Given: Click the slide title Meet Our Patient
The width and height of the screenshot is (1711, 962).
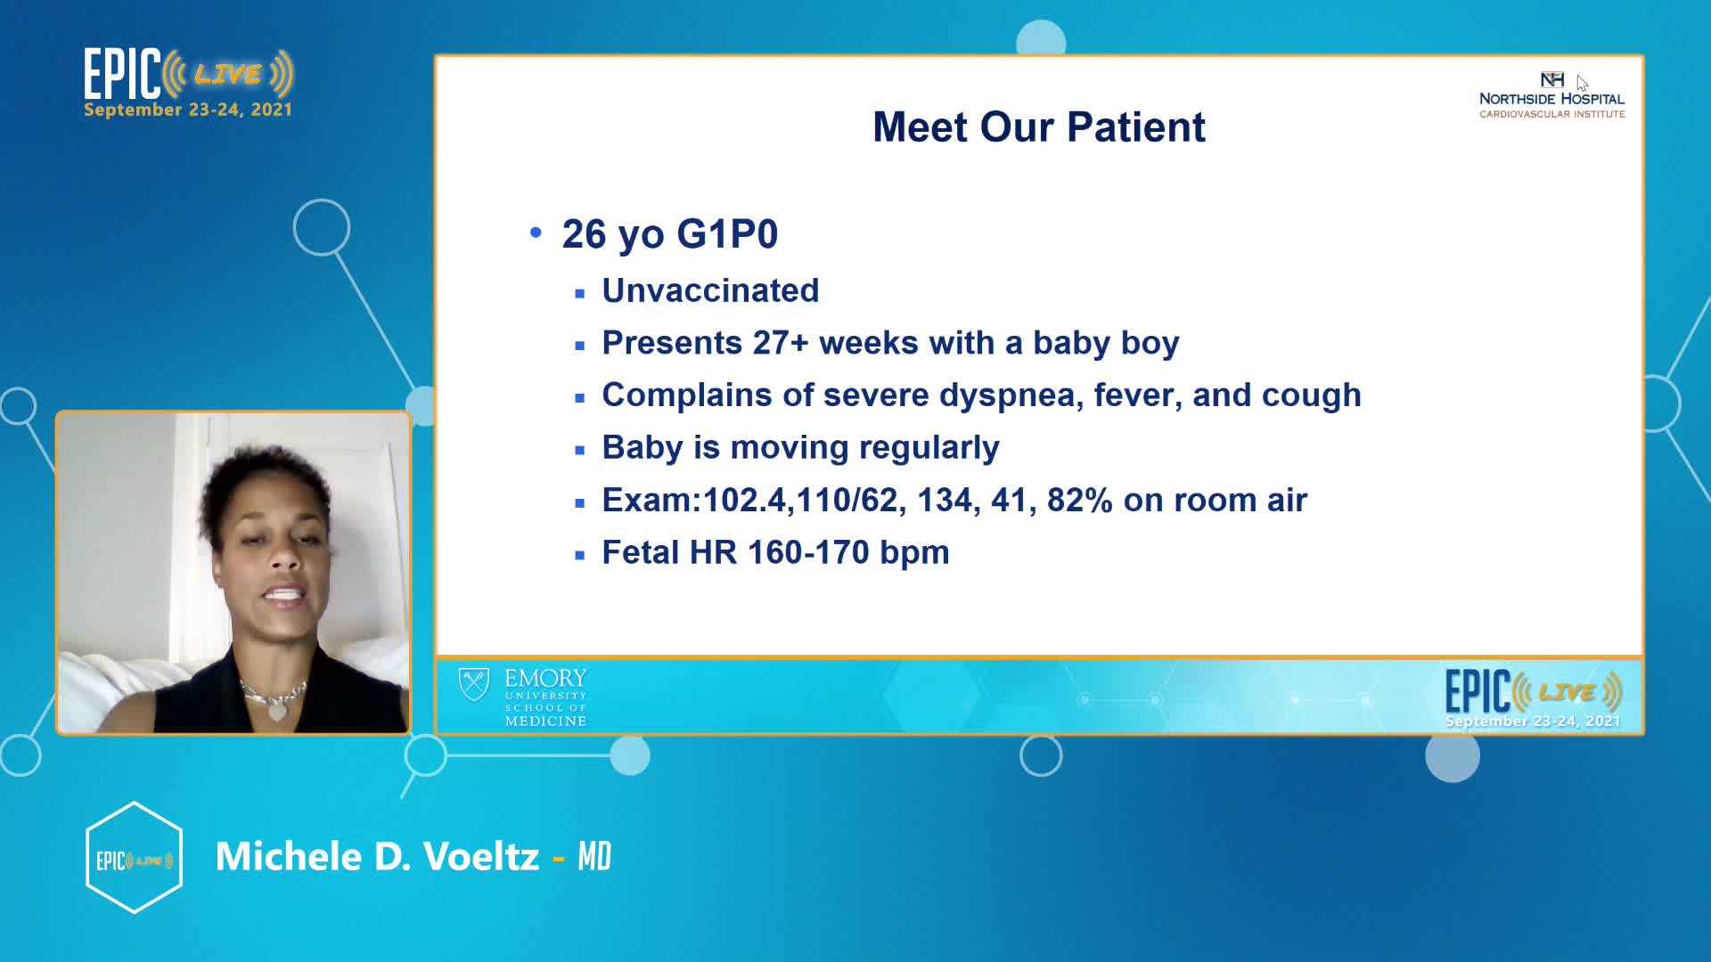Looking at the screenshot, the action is point(1039,127).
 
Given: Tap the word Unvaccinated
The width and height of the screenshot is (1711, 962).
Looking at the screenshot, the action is point(710,290).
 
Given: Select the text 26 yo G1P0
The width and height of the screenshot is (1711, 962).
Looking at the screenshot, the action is point(670,234).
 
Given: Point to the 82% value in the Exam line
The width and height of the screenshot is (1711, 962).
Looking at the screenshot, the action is point(1080,500).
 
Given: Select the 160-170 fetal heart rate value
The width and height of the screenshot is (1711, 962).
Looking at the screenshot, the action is point(809,552).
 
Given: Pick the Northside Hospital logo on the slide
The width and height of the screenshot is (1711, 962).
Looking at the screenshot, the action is point(1551,95).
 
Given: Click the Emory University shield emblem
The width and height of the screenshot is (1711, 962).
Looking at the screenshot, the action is point(474,685).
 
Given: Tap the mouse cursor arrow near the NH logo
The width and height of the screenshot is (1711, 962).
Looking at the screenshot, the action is point(1582,83).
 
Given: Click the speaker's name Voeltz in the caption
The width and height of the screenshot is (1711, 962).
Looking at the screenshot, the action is point(481,857).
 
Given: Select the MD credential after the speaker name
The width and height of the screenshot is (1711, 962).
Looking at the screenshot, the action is point(594,857).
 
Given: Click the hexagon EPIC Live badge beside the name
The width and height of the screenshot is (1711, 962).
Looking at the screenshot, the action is point(134,858).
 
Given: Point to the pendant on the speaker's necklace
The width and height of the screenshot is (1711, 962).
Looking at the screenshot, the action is point(277,710).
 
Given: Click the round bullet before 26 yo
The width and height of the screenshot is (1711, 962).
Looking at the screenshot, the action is point(536,232).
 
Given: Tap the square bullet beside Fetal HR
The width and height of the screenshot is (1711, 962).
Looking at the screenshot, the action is point(580,556).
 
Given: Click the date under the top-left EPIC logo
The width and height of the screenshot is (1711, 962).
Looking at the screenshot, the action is point(188,110).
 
